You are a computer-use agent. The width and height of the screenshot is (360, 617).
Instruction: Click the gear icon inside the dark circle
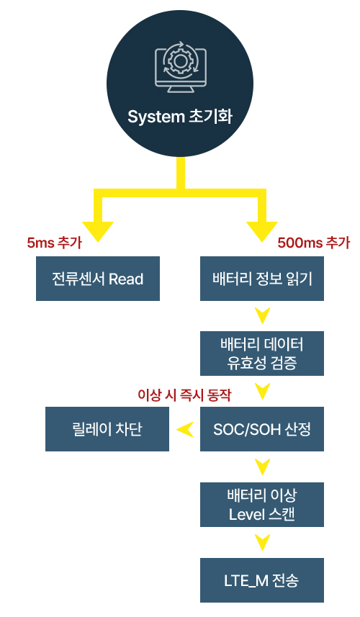click(x=179, y=61)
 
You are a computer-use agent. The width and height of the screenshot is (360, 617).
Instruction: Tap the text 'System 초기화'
click(x=180, y=117)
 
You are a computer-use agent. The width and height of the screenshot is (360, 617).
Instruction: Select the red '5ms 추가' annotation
click(x=54, y=243)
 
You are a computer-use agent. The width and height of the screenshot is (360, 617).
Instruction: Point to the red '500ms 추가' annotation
click(x=314, y=243)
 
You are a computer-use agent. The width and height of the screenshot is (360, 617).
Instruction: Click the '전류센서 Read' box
click(x=98, y=279)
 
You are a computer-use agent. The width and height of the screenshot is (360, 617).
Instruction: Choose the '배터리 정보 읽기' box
click(x=262, y=279)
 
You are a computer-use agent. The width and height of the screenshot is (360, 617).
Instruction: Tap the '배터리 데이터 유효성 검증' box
click(x=262, y=353)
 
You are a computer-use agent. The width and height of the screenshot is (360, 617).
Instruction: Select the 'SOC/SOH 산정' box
click(x=262, y=429)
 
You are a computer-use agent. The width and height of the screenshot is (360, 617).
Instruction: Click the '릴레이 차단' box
click(x=107, y=429)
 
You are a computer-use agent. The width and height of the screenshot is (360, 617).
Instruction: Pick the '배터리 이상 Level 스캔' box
click(x=262, y=505)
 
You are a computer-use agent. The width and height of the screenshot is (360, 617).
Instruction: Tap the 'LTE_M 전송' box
click(x=262, y=580)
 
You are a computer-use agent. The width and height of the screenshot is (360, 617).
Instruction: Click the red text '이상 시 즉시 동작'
click(x=184, y=395)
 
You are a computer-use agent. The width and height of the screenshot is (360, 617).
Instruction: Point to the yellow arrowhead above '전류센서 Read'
click(x=98, y=231)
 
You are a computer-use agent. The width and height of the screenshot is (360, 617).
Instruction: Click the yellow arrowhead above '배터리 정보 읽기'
click(x=262, y=231)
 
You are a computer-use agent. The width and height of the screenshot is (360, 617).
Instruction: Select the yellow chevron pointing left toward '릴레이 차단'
click(x=185, y=429)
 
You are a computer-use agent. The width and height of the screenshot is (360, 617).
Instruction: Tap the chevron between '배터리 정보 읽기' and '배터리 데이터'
click(x=262, y=315)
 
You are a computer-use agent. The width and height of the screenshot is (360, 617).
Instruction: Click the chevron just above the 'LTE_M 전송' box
click(x=262, y=542)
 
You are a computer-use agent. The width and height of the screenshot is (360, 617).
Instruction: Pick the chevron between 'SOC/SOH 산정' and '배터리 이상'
click(x=262, y=467)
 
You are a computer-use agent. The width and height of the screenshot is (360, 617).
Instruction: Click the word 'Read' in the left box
click(x=126, y=279)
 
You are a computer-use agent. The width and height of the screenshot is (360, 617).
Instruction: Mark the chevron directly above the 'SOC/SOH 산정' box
click(x=262, y=391)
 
